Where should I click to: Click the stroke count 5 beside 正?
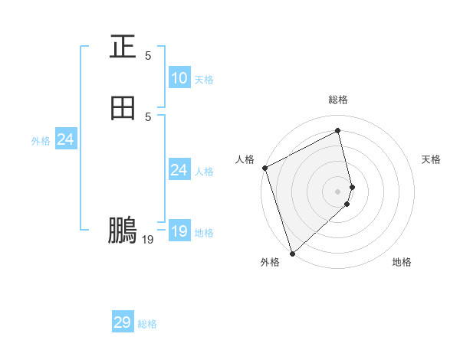click(148, 56)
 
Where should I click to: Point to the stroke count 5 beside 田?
click(148, 117)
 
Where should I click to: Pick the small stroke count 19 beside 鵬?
click(148, 240)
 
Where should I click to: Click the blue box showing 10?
click(179, 78)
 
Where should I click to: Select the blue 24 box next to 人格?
click(179, 170)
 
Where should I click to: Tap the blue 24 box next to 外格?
click(66, 139)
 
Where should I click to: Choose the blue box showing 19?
click(179, 231)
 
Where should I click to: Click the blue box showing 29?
click(123, 322)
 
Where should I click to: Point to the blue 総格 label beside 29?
click(147, 324)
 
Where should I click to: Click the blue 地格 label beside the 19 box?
click(204, 233)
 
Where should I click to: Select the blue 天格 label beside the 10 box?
click(204, 80)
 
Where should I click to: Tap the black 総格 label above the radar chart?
click(338, 100)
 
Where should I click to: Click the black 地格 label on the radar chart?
click(402, 263)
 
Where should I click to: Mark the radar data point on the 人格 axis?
click(264, 168)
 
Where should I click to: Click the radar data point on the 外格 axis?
click(291, 253)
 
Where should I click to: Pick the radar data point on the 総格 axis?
click(338, 130)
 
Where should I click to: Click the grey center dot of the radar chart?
click(338, 191)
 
